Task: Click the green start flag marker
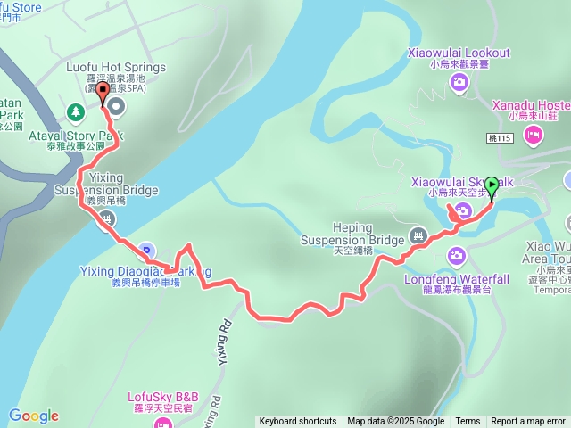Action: [491, 185]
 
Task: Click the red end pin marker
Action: [103, 92]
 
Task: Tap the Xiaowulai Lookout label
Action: [459, 53]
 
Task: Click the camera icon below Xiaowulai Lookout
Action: [459, 83]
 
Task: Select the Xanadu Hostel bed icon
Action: [534, 136]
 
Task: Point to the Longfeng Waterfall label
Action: [456, 279]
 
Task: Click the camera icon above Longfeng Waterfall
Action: [457, 259]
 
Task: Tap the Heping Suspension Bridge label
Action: [352, 234]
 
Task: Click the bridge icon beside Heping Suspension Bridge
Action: [416, 236]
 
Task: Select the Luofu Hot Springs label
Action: [116, 67]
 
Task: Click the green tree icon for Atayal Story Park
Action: [75, 113]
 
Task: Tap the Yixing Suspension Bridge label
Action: [105, 185]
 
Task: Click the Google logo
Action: [33, 416]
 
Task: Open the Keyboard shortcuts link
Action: [298, 422]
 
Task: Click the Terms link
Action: [468, 422]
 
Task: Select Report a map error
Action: [528, 422]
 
